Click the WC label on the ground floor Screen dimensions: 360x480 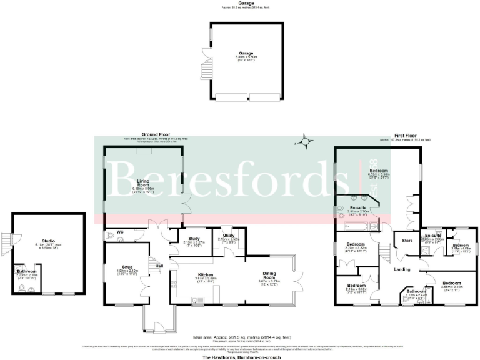pos(120,236)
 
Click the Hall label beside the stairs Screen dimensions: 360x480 pos(159,266)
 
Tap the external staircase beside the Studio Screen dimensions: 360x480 pos(7,241)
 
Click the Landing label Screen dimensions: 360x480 pos(402,269)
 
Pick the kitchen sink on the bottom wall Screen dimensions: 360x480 pos(203,301)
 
